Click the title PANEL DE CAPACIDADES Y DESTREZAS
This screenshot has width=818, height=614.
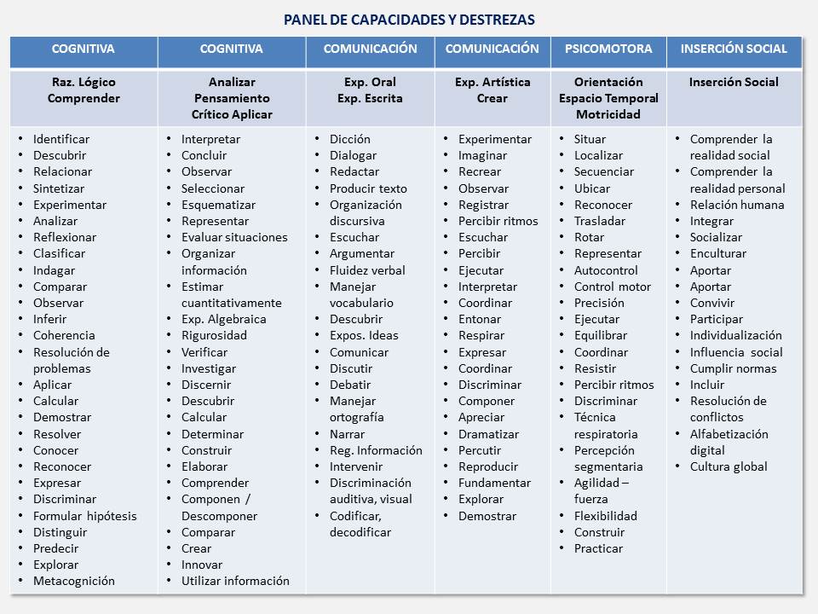coord(410,20)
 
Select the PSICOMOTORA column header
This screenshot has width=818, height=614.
coord(608,49)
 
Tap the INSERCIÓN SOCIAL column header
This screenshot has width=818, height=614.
coord(734,49)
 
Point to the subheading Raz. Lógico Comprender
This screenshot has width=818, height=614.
coord(84,90)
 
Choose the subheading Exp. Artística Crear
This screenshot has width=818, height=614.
coord(493,90)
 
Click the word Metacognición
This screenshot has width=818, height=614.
coord(74,581)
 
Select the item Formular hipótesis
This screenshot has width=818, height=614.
coord(84,515)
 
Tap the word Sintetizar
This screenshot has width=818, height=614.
coord(60,188)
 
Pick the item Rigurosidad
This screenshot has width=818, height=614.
coord(214,335)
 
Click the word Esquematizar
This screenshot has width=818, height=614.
coord(219,205)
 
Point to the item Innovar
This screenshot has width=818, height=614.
coord(202,565)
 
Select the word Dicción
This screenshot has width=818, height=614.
coord(350,139)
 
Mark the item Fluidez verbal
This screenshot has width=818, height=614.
coord(368,270)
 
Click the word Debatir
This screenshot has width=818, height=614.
coord(351,385)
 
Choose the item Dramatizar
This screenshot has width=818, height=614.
coord(488,433)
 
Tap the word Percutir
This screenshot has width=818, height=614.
coord(481,450)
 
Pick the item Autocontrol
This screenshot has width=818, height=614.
coord(606,270)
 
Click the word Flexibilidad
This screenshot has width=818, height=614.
coord(606,515)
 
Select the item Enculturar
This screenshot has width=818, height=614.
coord(718,253)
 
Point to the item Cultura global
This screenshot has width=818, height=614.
coord(729,466)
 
